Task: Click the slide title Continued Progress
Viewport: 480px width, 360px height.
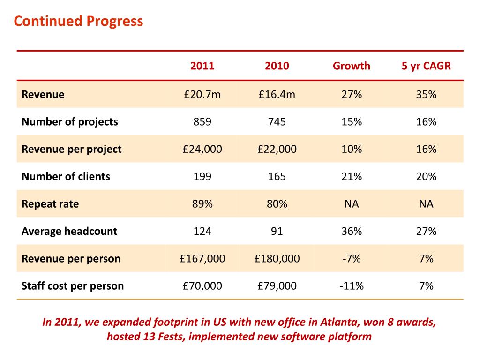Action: [78, 22]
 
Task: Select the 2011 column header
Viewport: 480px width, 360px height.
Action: [202, 66]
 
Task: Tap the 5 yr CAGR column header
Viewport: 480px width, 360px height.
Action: [426, 66]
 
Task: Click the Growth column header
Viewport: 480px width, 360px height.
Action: [352, 66]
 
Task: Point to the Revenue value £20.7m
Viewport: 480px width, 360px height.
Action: [202, 94]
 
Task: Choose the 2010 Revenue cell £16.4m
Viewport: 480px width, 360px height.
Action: [277, 94]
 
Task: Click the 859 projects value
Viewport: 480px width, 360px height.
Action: [202, 122]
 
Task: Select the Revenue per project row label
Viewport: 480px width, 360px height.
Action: [72, 150]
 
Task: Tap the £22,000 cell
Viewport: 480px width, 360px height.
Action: [277, 149]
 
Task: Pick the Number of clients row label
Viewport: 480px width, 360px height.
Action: [66, 176]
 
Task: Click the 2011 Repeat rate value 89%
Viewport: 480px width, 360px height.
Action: [202, 204]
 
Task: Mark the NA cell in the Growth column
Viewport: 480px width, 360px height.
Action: [352, 204]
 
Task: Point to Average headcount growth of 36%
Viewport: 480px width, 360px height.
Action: [352, 231]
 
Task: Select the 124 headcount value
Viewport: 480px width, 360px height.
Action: [202, 231]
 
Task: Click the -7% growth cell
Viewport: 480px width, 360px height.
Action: [352, 259]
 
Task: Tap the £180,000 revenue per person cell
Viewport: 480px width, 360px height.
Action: [277, 259]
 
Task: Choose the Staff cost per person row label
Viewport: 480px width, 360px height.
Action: [73, 286]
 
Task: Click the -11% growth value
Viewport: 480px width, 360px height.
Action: [352, 286]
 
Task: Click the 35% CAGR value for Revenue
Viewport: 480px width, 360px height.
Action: [426, 94]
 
